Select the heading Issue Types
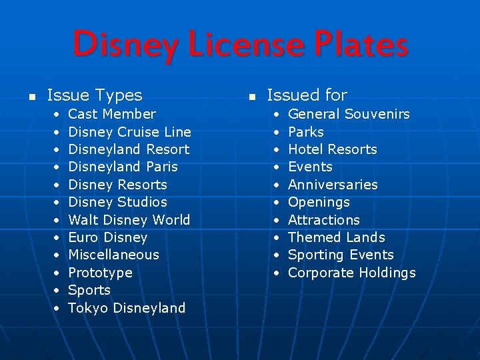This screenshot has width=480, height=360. point(95,96)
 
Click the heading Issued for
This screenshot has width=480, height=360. point(307,96)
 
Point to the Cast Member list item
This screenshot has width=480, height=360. point(112,114)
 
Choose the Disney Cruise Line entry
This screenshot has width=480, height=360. point(129,132)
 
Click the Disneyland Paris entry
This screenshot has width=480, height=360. point(123,167)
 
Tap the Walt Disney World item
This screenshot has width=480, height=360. point(129,219)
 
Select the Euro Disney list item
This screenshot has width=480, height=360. point(107,237)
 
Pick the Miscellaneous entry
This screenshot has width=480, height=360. point(113,255)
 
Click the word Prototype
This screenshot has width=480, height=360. point(100,273)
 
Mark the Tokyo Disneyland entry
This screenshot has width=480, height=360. point(127,308)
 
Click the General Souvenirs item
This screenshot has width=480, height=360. point(349,114)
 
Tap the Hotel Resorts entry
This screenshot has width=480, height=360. point(332,149)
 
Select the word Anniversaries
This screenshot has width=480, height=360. point(333,185)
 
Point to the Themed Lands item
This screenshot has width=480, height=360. point(336,237)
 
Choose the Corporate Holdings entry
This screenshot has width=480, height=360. point(351,273)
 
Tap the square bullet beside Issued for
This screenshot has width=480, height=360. point(251,97)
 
